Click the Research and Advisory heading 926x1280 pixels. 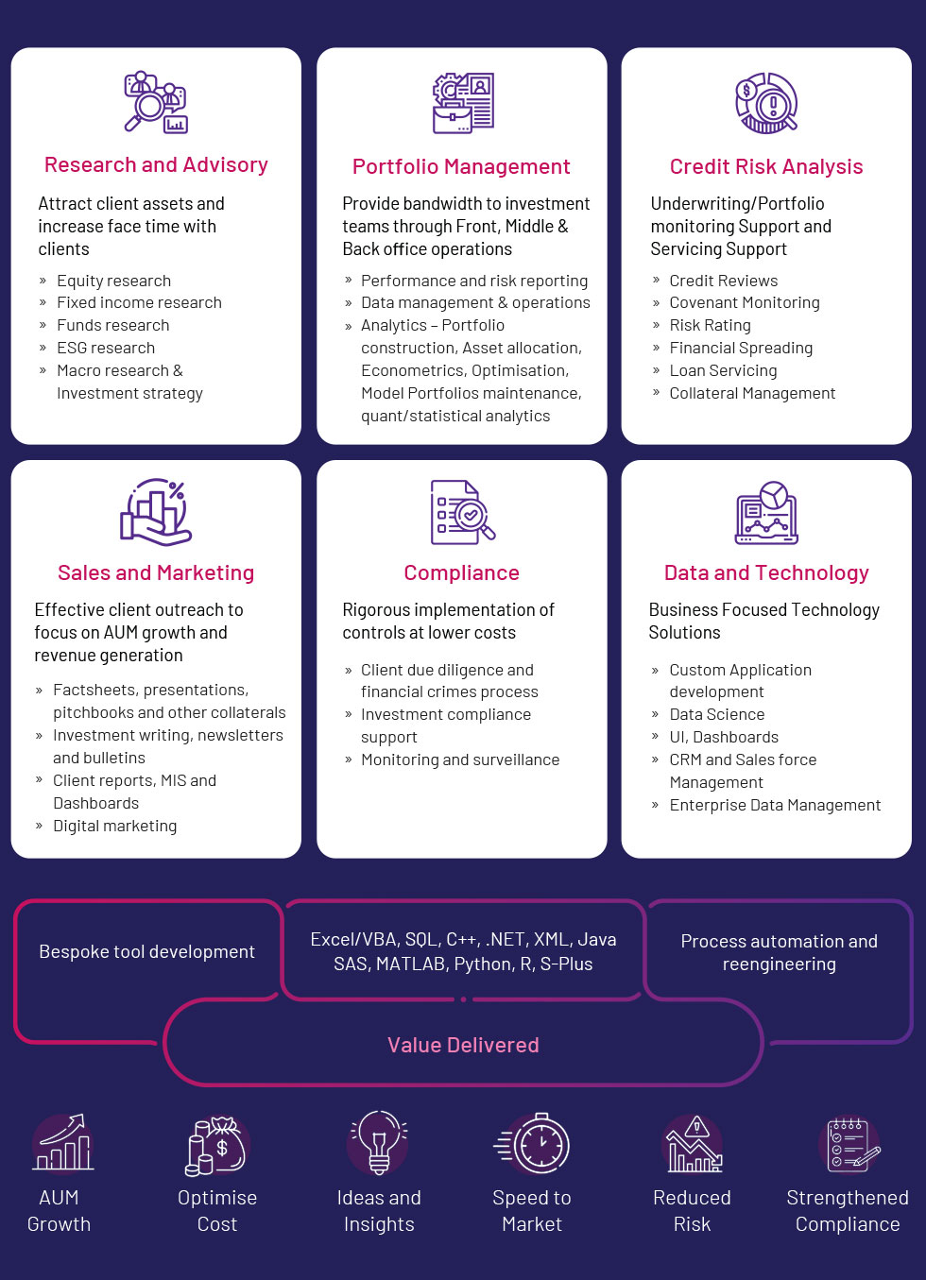(156, 164)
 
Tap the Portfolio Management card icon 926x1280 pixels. (463, 103)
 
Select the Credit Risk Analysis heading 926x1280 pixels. (766, 166)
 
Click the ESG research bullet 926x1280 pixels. (106, 348)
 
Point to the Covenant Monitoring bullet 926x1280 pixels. (745, 302)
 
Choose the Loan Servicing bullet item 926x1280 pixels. (723, 370)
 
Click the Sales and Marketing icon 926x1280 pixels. (156, 512)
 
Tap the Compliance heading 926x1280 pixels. (461, 572)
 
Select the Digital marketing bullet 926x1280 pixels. (115, 826)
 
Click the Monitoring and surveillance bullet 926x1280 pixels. (460, 759)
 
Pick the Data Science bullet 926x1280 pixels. (717, 714)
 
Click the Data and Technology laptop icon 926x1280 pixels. (766, 513)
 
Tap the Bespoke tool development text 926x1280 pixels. (146, 951)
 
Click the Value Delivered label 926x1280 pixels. (463, 1045)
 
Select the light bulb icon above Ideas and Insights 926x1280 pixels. (378, 1142)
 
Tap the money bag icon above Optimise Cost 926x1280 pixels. (217, 1146)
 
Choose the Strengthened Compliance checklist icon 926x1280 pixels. (850, 1145)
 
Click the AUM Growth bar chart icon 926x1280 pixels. (62, 1142)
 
